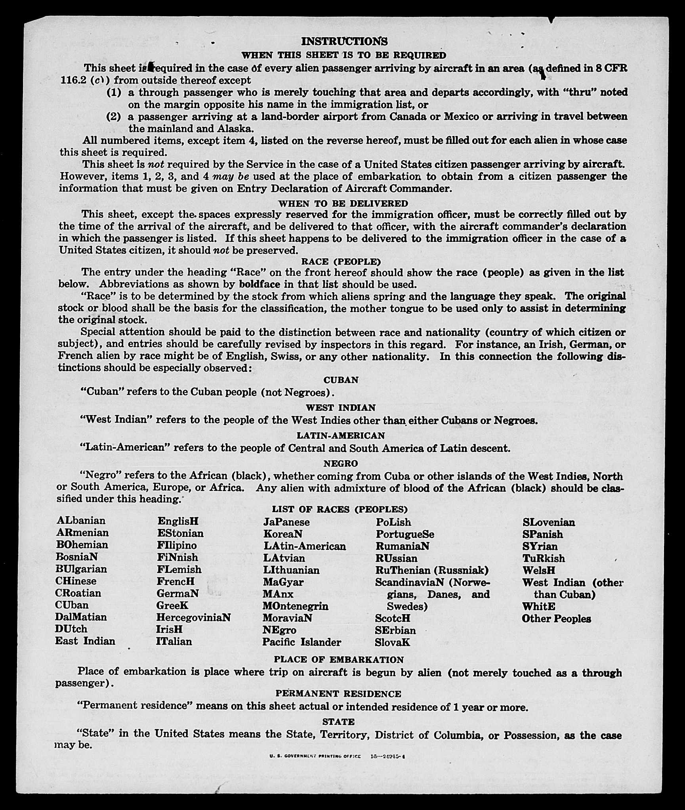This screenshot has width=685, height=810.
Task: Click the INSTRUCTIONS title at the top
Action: click(344, 41)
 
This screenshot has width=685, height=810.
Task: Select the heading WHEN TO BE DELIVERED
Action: click(343, 203)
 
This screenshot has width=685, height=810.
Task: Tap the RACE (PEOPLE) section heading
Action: click(341, 262)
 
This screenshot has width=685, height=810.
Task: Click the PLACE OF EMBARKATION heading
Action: click(339, 659)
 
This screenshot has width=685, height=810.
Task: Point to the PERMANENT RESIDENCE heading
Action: click(338, 693)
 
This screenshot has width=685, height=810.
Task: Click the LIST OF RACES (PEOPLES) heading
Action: click(340, 509)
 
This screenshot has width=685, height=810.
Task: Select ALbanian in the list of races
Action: click(81, 521)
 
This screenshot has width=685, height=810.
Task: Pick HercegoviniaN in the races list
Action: click(193, 617)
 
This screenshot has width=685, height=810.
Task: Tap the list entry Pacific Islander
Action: click(301, 642)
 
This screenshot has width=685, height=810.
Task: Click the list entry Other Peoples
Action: click(556, 619)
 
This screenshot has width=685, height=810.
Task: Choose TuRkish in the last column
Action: click(544, 558)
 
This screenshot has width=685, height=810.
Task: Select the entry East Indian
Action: click(85, 641)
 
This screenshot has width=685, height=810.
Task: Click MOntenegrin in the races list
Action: click(295, 606)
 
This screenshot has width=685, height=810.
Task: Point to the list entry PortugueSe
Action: click(405, 534)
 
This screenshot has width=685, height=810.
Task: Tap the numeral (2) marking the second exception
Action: click(113, 117)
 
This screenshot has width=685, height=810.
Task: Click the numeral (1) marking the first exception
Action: click(113, 92)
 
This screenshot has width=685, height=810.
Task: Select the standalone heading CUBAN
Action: click(341, 380)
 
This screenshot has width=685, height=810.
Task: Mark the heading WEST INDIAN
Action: click(340, 408)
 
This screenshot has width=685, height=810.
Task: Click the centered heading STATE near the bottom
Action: click(338, 722)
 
